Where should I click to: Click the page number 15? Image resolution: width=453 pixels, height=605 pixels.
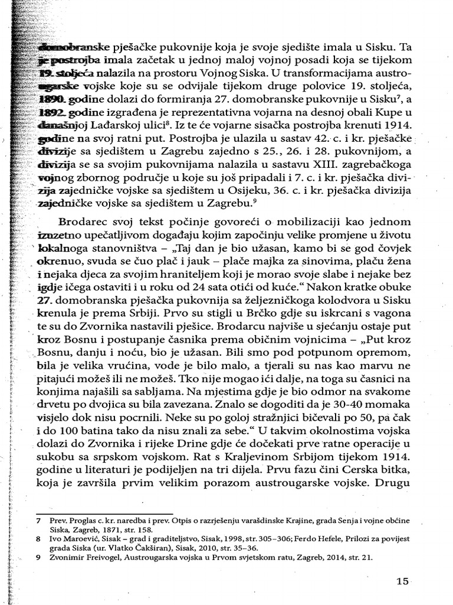[x=403, y=581]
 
